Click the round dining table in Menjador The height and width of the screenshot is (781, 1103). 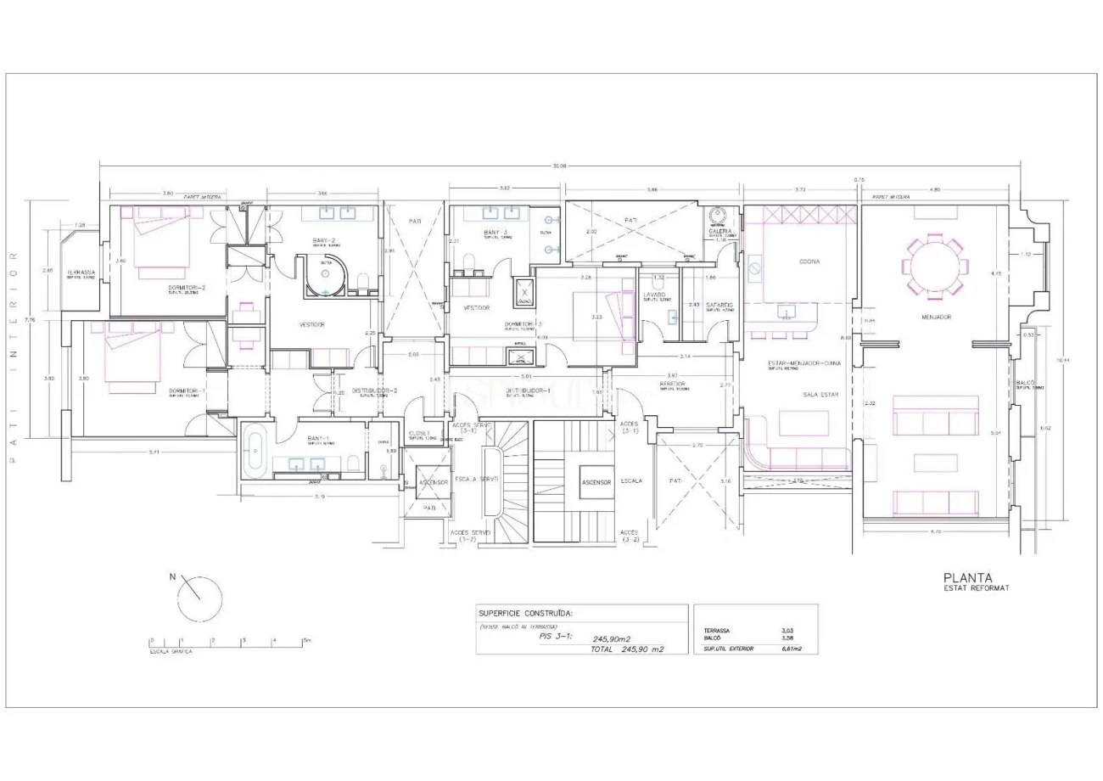click(x=932, y=267)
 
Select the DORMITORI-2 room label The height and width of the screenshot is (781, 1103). click(x=186, y=288)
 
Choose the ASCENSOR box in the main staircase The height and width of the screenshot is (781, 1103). click(x=596, y=481)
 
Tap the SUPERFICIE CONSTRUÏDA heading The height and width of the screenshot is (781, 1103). click(x=525, y=612)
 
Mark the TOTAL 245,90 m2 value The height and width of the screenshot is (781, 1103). click(x=627, y=649)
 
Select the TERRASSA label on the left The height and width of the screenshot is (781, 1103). click(x=82, y=272)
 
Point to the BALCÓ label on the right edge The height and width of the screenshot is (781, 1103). click(x=1025, y=383)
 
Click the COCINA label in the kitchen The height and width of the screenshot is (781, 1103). click(x=809, y=261)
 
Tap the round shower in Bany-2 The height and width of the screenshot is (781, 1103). click(x=325, y=276)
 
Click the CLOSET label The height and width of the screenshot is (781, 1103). click(x=418, y=433)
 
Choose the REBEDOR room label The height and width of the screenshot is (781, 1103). click(x=672, y=384)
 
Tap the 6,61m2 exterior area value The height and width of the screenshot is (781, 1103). click(x=792, y=649)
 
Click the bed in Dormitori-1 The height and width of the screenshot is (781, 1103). click(x=132, y=361)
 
